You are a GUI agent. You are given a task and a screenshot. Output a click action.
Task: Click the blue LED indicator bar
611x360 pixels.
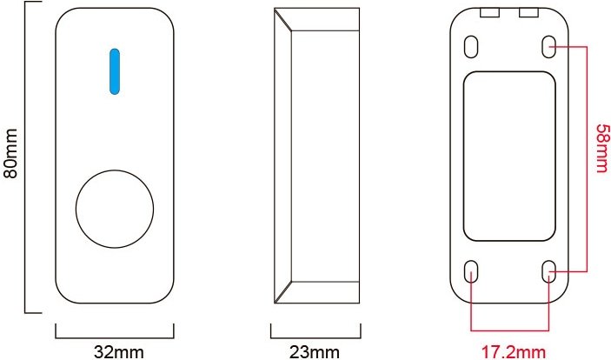coord(115,71)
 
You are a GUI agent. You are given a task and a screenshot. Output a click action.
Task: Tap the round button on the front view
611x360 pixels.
coord(115,209)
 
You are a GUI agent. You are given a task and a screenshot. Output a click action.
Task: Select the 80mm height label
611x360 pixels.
coord(10,153)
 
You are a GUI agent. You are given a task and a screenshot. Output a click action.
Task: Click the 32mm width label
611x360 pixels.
coord(119,352)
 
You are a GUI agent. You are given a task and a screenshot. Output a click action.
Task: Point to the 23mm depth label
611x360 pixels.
coord(315,352)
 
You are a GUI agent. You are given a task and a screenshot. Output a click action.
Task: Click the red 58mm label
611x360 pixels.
coord(602,148)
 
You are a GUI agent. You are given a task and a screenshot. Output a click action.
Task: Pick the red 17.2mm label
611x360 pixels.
coord(514,352)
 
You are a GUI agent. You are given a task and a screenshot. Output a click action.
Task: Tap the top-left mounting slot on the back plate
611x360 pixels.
coord(471,47)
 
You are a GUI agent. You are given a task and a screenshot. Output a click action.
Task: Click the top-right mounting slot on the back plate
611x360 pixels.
coord(548,47)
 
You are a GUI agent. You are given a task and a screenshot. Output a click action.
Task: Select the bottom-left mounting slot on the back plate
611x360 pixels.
coord(471,271)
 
